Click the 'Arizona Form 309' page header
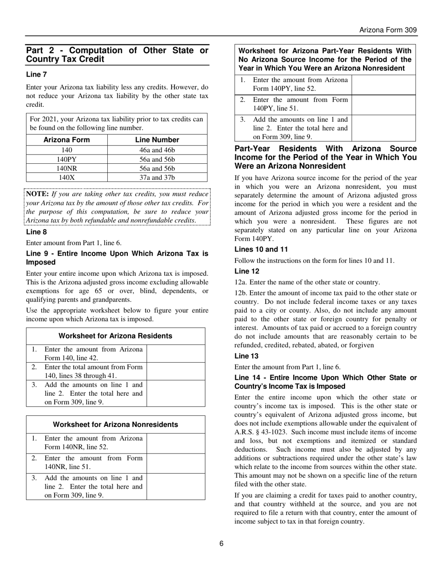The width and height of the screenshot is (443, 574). (388, 30)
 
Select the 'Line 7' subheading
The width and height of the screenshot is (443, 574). (36, 74)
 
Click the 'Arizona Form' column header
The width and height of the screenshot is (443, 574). (67, 140)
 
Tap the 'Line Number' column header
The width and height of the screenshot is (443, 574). (157, 140)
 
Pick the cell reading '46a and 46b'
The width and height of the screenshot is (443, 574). (157, 150)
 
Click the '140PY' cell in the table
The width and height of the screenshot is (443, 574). (67, 160)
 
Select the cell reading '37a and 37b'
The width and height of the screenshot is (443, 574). (157, 177)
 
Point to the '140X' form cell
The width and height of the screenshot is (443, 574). (67, 177)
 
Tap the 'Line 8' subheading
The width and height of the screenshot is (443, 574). (36, 232)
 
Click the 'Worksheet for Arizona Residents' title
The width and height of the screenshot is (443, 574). (116, 336)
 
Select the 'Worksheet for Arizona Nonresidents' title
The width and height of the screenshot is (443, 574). (116, 425)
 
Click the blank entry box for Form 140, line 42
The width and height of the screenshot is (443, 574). (176, 353)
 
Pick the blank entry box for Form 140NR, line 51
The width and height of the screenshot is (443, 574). (176, 463)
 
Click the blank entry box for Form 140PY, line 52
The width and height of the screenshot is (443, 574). (383, 84)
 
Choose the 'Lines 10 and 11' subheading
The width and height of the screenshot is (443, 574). (261, 249)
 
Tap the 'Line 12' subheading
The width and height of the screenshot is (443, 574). (247, 271)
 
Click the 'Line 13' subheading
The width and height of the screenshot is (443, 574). (247, 356)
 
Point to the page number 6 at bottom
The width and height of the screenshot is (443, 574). (221, 543)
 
